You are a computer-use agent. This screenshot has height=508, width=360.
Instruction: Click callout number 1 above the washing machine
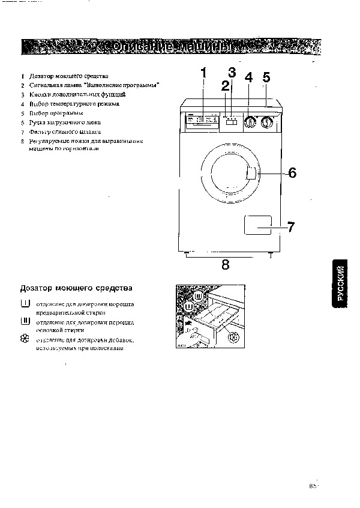coord(203,73)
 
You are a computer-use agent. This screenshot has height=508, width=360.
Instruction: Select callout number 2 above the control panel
coord(226,86)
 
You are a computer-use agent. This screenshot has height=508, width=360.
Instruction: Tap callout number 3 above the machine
coord(232,73)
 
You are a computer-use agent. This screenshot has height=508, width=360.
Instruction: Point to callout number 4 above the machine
coord(248,77)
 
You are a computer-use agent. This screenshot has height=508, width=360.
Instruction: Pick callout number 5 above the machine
coord(266,77)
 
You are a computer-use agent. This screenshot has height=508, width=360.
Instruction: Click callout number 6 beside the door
coord(292,173)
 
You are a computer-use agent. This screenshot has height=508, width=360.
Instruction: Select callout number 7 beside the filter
coord(290,227)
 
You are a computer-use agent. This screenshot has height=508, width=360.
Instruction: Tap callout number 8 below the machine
coord(226,265)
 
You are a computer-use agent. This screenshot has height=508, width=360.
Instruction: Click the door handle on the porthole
coord(252,174)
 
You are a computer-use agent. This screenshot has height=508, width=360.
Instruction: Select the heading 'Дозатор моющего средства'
coord(76,288)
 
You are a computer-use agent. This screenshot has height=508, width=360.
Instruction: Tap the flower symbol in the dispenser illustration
coord(233,337)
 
